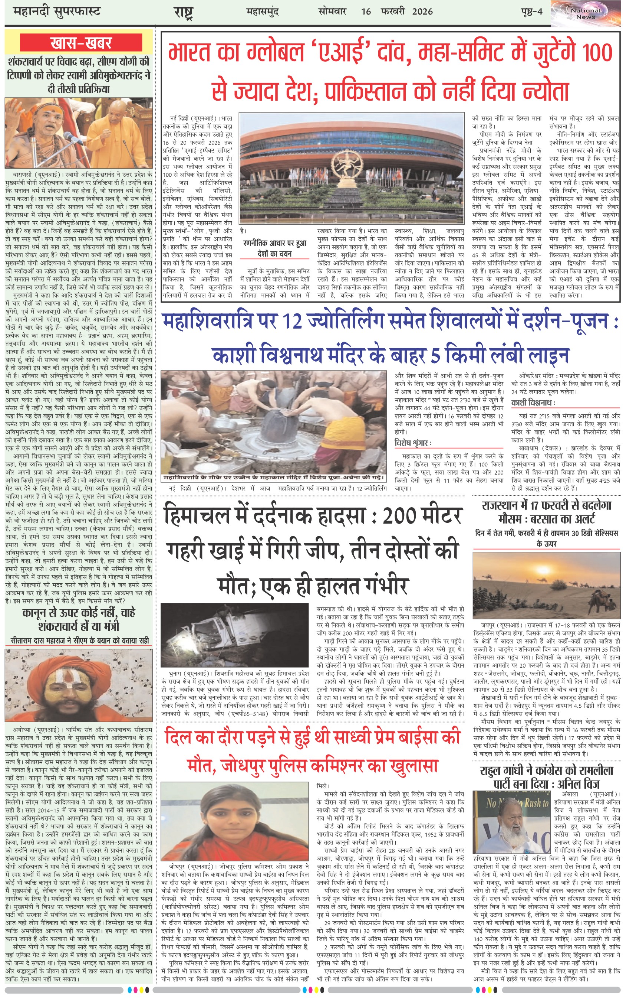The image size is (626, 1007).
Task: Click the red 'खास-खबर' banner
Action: tap(81, 43)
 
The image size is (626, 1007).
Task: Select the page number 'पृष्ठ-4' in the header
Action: tap(531, 11)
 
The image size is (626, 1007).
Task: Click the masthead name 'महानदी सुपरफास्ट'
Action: tap(57, 11)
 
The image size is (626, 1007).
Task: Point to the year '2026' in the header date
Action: tap(422, 11)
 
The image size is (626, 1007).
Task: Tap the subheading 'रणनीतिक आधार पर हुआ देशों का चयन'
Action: tap(274, 248)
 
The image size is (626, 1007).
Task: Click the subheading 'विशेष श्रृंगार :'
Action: tap(413, 443)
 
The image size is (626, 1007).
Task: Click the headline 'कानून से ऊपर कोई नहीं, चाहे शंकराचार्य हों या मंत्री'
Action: tap(79, 619)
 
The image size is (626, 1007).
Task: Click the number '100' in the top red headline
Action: tap(597, 53)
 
